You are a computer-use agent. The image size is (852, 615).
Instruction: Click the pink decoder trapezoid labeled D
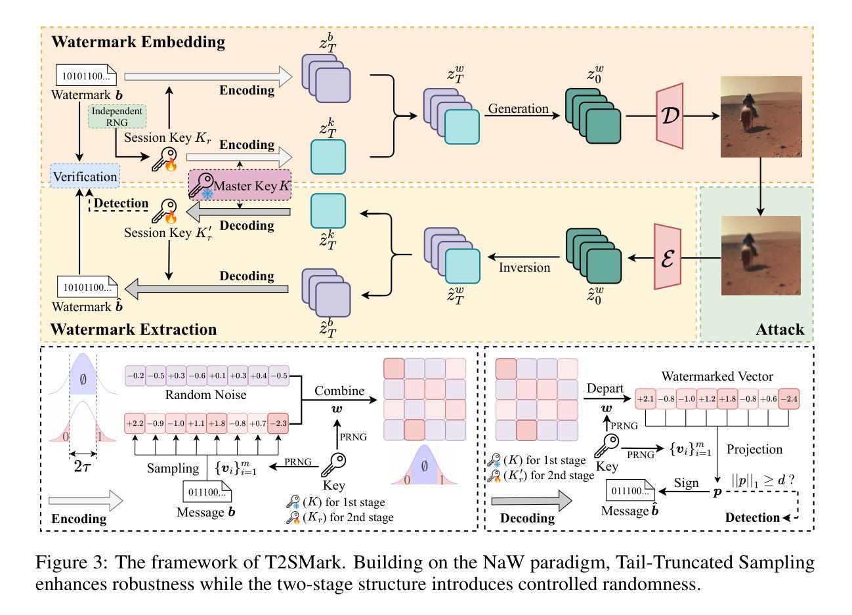pyautogui.click(x=670, y=116)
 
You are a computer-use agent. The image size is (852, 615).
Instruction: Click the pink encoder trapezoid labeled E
pyautogui.click(x=667, y=256)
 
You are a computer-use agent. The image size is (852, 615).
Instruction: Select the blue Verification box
pyautogui.click(x=85, y=177)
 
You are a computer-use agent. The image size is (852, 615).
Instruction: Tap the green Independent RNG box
pyautogui.click(x=117, y=116)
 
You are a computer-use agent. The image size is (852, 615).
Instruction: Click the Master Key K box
pyautogui.click(x=240, y=186)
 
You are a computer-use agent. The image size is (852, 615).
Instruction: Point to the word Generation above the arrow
pyautogui.click(x=517, y=109)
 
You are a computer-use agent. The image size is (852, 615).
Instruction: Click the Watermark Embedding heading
pyautogui.click(x=138, y=43)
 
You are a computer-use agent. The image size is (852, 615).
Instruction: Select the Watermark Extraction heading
pyautogui.click(x=133, y=329)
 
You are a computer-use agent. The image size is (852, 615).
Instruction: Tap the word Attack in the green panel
pyautogui.click(x=780, y=329)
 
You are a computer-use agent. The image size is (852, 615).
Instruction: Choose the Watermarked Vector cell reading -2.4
pyautogui.click(x=788, y=398)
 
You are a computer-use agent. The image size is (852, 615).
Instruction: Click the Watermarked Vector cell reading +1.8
pyautogui.click(x=727, y=398)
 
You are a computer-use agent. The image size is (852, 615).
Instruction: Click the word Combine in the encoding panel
pyautogui.click(x=339, y=391)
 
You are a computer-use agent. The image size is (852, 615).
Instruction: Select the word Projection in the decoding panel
pyautogui.click(x=754, y=450)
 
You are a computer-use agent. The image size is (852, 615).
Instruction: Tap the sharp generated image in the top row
pyautogui.click(x=761, y=116)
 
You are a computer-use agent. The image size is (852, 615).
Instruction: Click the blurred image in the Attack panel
pyautogui.click(x=761, y=257)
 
